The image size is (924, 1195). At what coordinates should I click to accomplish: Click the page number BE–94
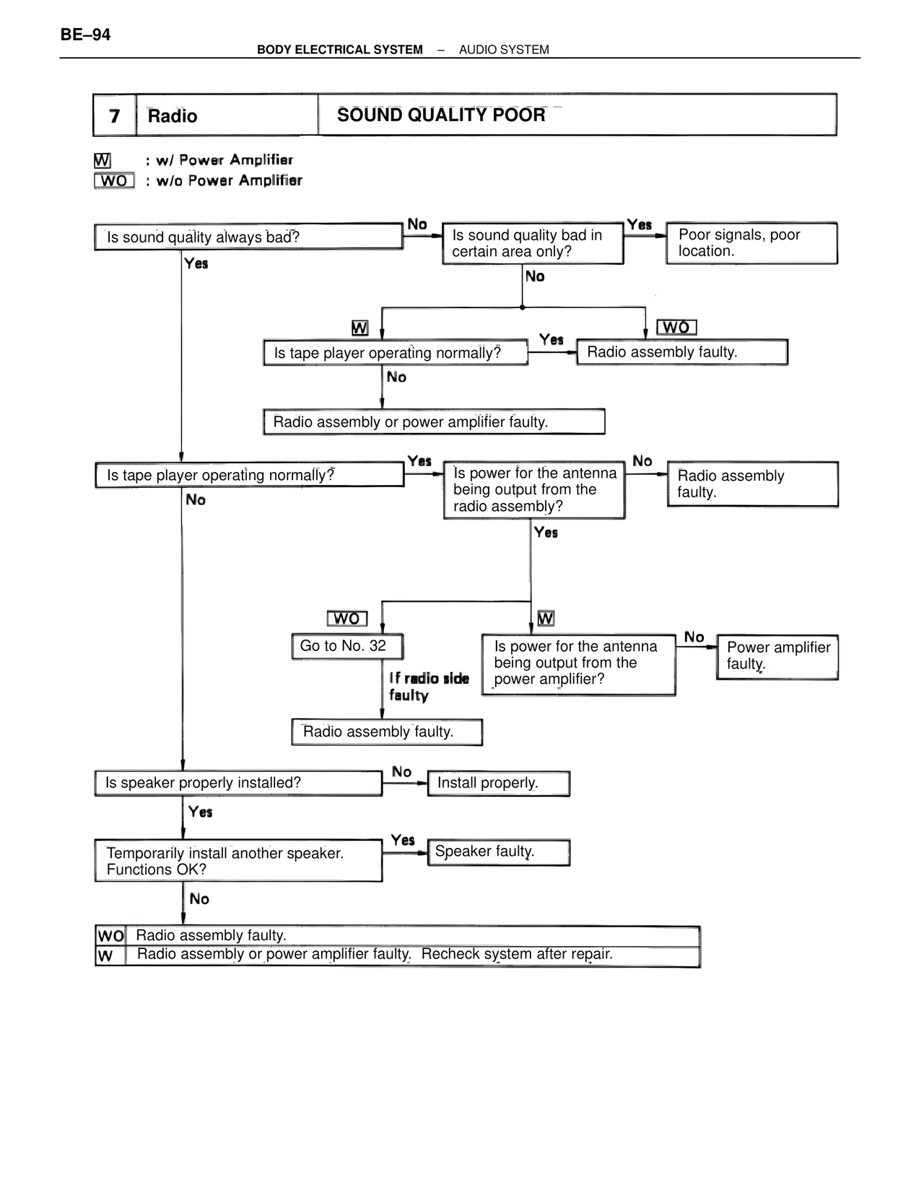[x=85, y=35]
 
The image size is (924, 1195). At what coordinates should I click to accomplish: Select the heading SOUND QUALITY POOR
[x=441, y=115]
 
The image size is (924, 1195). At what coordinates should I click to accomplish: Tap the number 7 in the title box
[x=115, y=116]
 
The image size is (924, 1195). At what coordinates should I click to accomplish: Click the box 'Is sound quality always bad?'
[x=248, y=237]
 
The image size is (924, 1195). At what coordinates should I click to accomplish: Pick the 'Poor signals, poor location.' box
[x=751, y=243]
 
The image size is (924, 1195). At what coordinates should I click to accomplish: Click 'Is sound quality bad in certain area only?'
[x=533, y=244]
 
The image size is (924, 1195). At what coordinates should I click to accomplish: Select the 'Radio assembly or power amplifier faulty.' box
[x=434, y=422]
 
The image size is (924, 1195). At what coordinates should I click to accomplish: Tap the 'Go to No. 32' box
[x=347, y=647]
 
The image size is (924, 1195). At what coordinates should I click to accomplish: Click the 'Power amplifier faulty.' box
[x=777, y=656]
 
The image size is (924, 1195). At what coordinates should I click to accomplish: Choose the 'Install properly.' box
[x=498, y=784]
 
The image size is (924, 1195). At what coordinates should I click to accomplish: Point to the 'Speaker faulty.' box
[x=498, y=852]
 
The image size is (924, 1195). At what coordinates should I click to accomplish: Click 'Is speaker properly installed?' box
[x=238, y=784]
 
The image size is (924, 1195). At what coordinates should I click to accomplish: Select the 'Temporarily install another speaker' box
[x=238, y=861]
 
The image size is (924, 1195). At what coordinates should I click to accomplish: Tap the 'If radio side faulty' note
[x=428, y=687]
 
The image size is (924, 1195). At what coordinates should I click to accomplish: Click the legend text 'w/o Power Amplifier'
[x=229, y=181]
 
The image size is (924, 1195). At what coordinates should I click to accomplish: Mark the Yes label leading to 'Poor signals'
[x=639, y=225]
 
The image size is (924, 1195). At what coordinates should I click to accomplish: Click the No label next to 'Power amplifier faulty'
[x=694, y=637]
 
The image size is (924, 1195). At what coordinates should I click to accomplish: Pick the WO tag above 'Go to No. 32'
[x=347, y=619]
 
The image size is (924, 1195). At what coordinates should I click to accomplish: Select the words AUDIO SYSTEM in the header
[x=504, y=50]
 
